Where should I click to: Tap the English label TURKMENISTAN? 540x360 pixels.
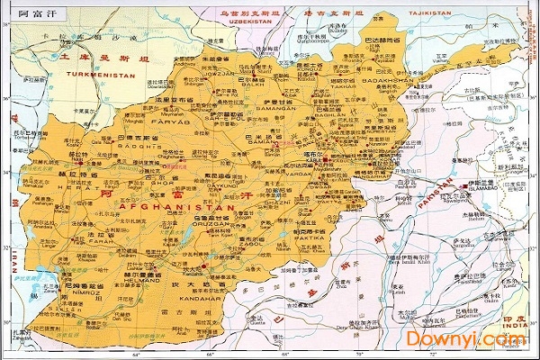pyautogui.click(x=99, y=75)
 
